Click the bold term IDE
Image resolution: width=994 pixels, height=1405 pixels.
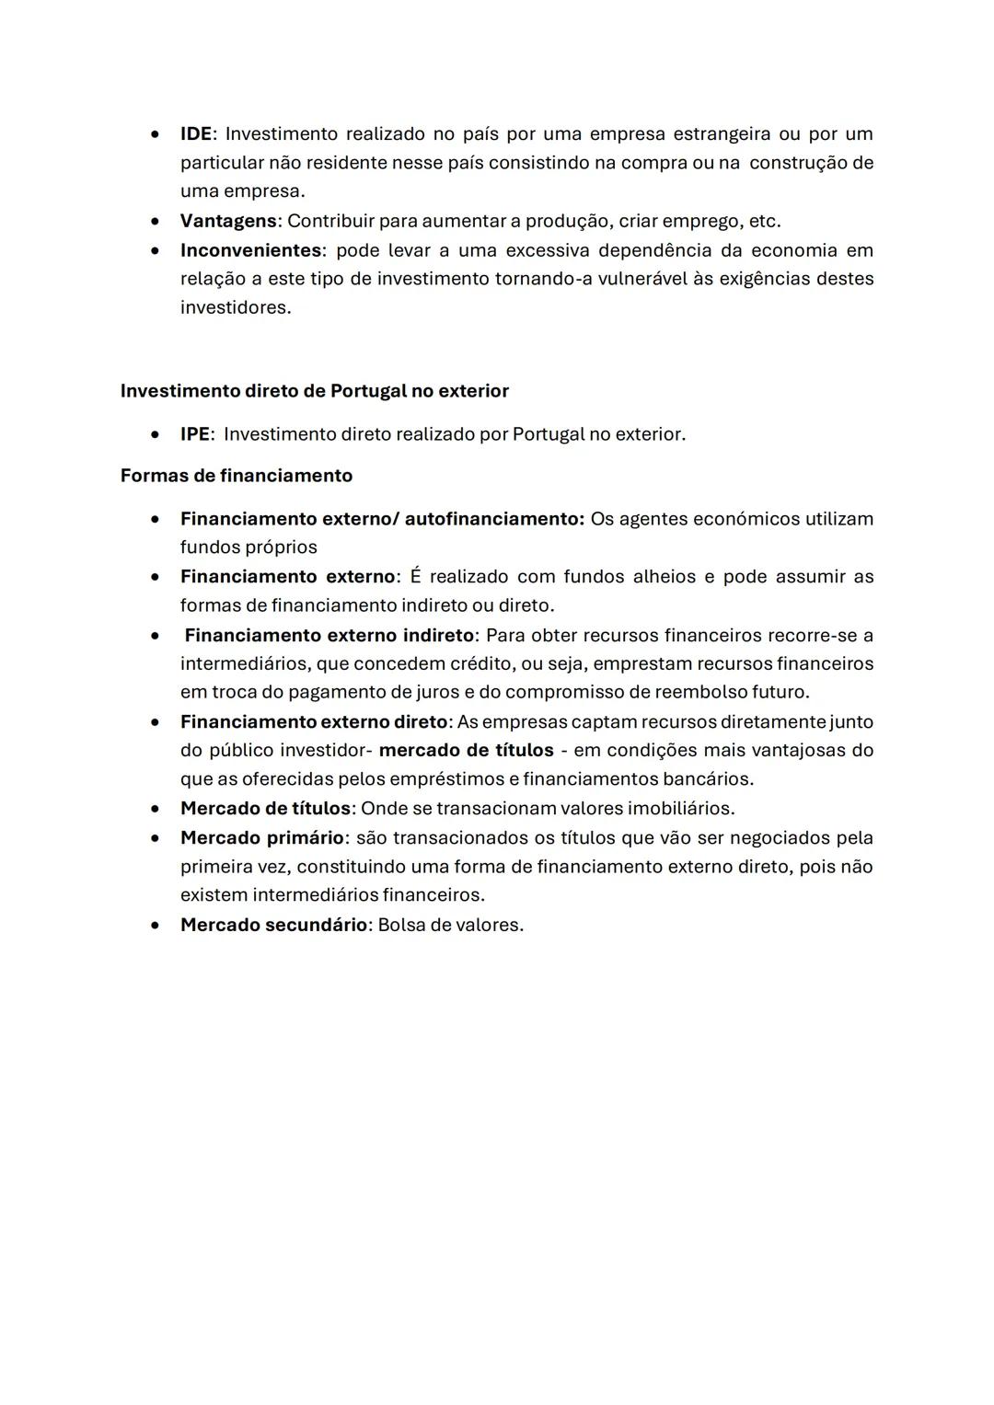(x=195, y=134)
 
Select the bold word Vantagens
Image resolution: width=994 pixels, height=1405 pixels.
(x=227, y=222)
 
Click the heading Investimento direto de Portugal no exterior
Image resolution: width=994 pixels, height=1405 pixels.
(x=314, y=391)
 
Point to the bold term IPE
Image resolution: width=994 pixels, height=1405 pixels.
(x=194, y=434)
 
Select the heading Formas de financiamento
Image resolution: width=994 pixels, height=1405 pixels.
(x=236, y=476)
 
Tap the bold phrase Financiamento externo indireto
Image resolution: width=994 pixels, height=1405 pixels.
(x=329, y=636)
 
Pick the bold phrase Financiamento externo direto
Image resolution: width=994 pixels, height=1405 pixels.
(x=313, y=722)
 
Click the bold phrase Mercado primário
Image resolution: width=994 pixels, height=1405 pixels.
(x=261, y=838)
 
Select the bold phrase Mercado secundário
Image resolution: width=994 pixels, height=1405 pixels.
(x=273, y=926)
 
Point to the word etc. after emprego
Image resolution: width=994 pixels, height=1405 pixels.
(x=765, y=222)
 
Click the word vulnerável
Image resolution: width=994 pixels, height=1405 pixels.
(x=644, y=279)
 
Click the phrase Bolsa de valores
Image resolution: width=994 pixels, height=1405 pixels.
(x=450, y=926)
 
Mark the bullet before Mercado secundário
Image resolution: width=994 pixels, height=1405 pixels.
(x=158, y=926)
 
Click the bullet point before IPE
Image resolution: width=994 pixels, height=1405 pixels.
(x=158, y=434)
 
